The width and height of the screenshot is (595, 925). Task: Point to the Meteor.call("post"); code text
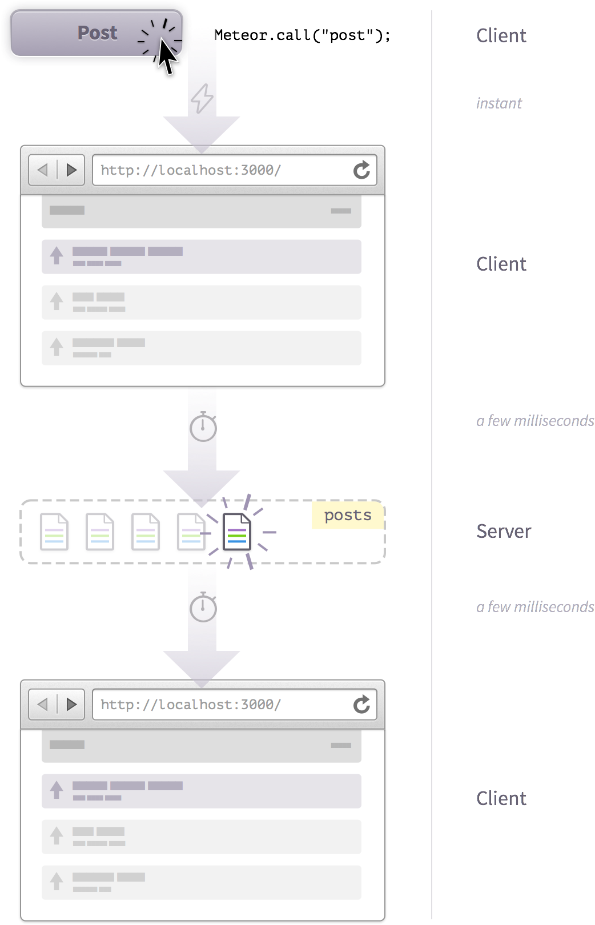point(302,35)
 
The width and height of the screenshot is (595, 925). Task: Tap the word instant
point(498,103)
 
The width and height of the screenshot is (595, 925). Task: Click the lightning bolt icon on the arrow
point(202,98)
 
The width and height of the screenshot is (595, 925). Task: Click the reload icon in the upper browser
point(361,170)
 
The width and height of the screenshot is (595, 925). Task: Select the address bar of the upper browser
point(223,170)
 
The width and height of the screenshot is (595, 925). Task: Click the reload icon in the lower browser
point(361,705)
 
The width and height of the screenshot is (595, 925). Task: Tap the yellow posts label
point(347,515)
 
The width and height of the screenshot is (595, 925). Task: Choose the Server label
point(503,532)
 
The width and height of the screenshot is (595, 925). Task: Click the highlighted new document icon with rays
point(237,532)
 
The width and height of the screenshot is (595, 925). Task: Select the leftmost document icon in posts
point(54,532)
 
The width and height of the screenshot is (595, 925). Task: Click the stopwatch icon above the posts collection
point(203,427)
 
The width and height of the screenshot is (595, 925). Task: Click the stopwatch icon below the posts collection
point(203,608)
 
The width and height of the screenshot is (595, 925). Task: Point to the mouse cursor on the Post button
point(166,58)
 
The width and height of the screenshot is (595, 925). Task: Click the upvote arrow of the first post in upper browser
point(57,255)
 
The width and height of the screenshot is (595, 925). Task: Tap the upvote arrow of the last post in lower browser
point(57,880)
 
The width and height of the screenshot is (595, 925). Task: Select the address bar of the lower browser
point(223,705)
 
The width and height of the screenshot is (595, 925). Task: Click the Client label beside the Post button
point(501,36)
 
